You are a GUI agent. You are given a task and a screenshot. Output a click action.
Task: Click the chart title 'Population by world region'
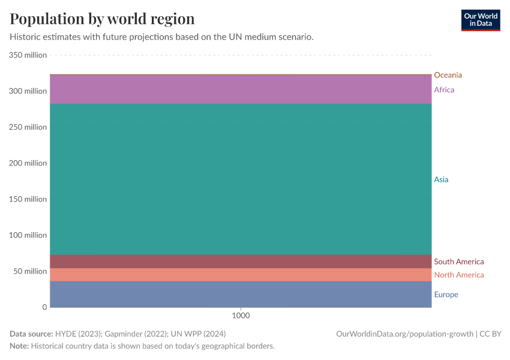click(102, 19)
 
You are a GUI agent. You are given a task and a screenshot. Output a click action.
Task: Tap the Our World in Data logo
click(480, 20)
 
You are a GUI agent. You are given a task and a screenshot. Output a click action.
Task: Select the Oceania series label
click(448, 75)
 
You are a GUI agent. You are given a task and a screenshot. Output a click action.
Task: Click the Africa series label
click(444, 90)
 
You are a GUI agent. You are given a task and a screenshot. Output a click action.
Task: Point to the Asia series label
click(441, 179)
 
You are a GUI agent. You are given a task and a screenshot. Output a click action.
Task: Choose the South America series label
click(458, 262)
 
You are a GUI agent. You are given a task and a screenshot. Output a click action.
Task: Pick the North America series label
click(458, 275)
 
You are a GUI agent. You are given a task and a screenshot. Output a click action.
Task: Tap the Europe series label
click(446, 295)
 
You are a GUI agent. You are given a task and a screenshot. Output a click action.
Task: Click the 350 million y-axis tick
click(28, 55)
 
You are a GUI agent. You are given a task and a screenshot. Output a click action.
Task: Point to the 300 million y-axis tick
click(28, 91)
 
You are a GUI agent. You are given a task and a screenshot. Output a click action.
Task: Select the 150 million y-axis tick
click(28, 199)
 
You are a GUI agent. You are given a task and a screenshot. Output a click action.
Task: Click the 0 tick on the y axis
click(44, 307)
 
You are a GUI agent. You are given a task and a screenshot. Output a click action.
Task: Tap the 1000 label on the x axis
click(241, 316)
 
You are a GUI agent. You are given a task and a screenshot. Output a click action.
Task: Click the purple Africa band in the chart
click(240, 89)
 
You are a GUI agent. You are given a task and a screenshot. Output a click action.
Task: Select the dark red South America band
click(240, 261)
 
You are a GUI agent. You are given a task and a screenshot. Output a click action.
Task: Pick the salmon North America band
click(240, 274)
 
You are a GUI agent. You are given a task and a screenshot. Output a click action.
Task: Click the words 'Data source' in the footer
click(30, 334)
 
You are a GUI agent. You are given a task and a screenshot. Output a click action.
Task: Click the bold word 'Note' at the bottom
click(19, 346)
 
